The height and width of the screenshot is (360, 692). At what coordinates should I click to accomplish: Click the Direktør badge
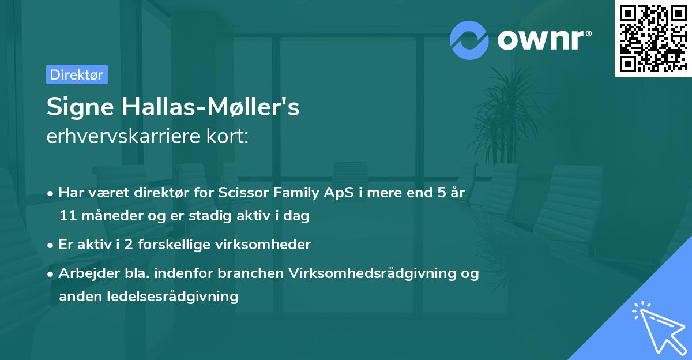click(77, 74)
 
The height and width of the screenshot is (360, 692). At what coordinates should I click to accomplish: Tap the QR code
click(653, 38)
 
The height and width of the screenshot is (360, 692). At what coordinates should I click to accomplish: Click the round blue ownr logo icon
click(469, 40)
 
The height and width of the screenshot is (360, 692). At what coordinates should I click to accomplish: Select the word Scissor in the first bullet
click(242, 193)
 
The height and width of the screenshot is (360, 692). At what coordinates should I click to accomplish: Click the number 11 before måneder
click(66, 216)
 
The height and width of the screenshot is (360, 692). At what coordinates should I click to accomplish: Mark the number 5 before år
click(439, 193)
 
